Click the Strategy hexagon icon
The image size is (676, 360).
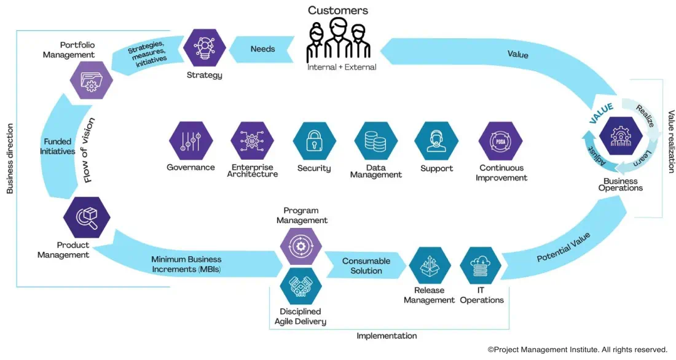[204, 48]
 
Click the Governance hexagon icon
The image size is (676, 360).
[191, 141]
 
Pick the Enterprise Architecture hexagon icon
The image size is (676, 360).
[252, 141]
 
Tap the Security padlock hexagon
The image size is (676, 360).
[314, 141]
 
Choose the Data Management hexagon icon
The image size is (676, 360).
[375, 141]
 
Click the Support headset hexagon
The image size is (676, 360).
[436, 141]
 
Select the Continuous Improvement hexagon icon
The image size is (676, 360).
[500, 141]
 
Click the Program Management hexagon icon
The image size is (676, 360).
[301, 246]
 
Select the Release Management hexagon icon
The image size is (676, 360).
[430, 266]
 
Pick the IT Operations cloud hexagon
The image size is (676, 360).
[481, 266]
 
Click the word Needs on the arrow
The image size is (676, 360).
[262, 49]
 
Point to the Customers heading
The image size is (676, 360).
[338, 10]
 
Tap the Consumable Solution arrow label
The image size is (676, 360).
[366, 266]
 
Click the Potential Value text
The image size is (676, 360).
[563, 247]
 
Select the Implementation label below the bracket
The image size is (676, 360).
[387, 336]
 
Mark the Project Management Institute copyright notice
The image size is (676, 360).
[577, 349]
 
